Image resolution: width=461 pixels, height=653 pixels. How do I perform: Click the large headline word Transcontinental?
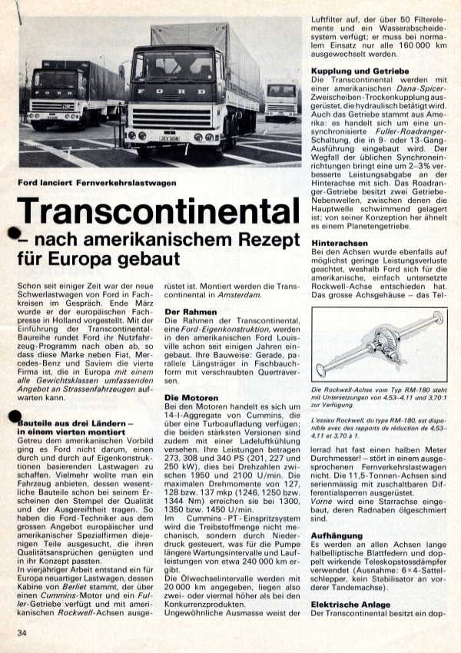(158, 211)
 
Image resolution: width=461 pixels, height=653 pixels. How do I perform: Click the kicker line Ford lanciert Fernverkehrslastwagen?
(97, 183)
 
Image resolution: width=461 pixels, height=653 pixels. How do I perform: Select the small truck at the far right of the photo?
(281, 100)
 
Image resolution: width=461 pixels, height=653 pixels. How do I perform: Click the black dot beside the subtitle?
(13, 234)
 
